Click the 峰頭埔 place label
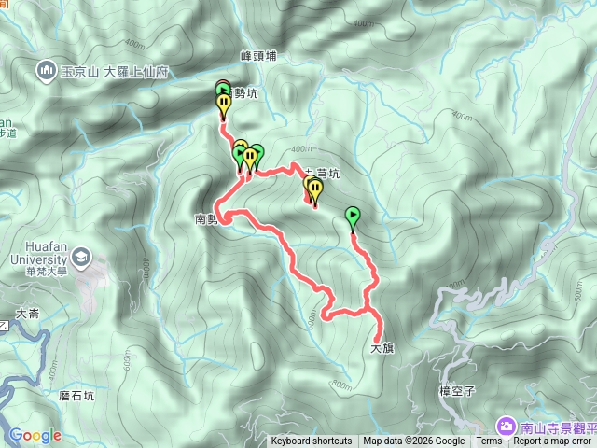point(258,56)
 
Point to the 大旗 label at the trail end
point(382,349)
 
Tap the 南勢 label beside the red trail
point(206,220)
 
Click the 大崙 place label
point(27,314)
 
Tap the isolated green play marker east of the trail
point(353,217)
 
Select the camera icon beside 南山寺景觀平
point(507,427)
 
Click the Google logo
point(35,435)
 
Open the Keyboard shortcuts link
point(312,441)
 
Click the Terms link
point(489,441)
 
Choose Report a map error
point(552,441)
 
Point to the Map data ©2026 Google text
point(414,441)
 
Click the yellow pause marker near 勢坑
point(224,105)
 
